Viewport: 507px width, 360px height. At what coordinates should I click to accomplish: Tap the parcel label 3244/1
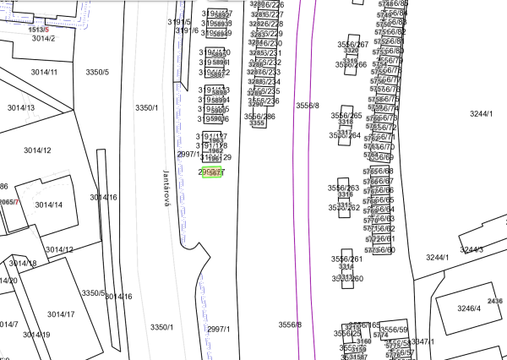coord(481,112)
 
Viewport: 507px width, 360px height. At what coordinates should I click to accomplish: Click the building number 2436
coord(495,301)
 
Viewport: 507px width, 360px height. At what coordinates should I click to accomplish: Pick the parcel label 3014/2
coord(43,38)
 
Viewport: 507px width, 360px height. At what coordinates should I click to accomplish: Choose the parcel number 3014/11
coord(42,72)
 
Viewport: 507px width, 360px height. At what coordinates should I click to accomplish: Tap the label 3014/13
coord(21,107)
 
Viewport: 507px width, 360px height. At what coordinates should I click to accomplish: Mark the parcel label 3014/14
coord(49,204)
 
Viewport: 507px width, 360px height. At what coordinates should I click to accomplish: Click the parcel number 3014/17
coord(60,314)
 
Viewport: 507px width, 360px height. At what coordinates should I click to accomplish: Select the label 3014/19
coord(35,335)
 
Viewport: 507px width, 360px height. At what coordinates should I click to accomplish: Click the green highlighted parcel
coord(212,172)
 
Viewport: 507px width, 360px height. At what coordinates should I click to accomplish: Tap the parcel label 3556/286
coord(259,116)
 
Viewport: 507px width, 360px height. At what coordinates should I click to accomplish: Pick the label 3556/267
coord(352,44)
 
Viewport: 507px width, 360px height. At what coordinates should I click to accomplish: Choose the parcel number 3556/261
coord(346,259)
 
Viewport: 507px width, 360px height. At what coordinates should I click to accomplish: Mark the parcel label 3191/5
coord(179,21)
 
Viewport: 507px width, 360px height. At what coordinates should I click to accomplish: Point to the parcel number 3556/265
coord(346,115)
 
